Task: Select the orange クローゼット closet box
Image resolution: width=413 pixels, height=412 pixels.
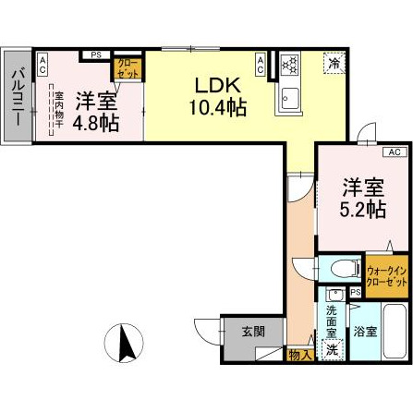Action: (x=126, y=67)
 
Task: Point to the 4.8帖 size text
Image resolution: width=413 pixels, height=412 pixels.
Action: (x=95, y=123)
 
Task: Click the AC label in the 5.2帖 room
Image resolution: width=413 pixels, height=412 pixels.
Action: (x=392, y=151)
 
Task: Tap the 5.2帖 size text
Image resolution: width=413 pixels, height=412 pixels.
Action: (x=363, y=210)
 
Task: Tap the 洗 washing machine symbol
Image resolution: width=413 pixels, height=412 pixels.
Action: (x=332, y=351)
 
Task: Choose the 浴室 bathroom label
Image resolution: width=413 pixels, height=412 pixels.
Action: (x=364, y=331)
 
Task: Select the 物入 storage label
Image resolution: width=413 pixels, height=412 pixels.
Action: (x=299, y=355)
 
